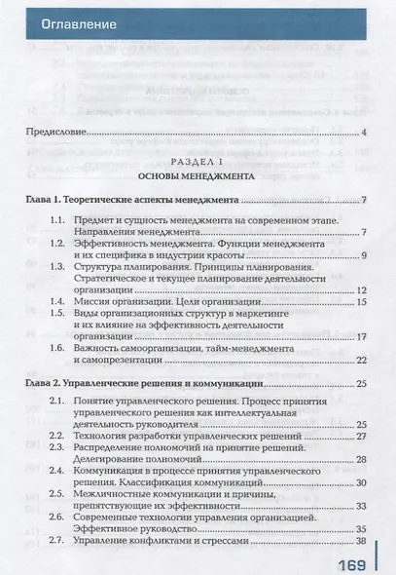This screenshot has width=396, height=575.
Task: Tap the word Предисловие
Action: pyautogui.click(x=55, y=132)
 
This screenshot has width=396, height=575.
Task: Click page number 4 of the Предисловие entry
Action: pyautogui.click(x=362, y=132)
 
